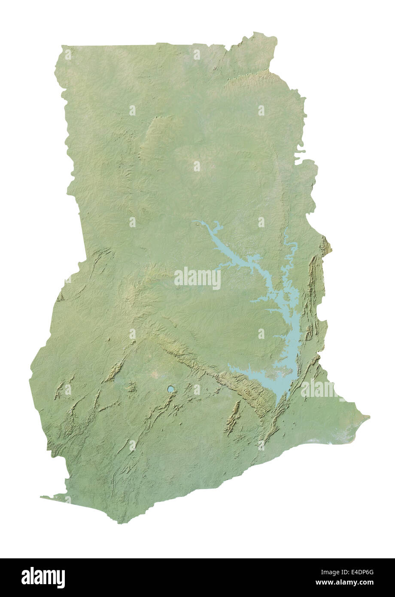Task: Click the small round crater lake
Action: coord(171,389)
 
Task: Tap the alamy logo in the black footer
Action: coord(43,578)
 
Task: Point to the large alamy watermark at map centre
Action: coord(197,278)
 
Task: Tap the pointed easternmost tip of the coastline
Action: coord(368,416)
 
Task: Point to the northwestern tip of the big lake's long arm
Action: coord(195,222)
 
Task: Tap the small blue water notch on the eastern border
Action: coord(299,151)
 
